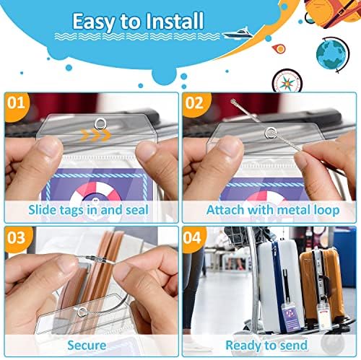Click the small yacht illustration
[238, 34]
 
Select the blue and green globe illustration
[332, 55]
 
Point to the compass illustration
[287, 81]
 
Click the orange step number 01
[16, 103]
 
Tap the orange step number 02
[194, 103]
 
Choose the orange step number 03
[16, 237]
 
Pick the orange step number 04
[192, 237]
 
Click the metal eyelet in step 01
[100, 123]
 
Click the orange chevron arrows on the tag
[95, 136]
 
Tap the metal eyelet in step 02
[271, 133]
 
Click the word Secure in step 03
[87, 346]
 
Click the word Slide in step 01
[43, 210]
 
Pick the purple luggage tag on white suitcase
[292, 318]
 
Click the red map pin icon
[279, 49]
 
